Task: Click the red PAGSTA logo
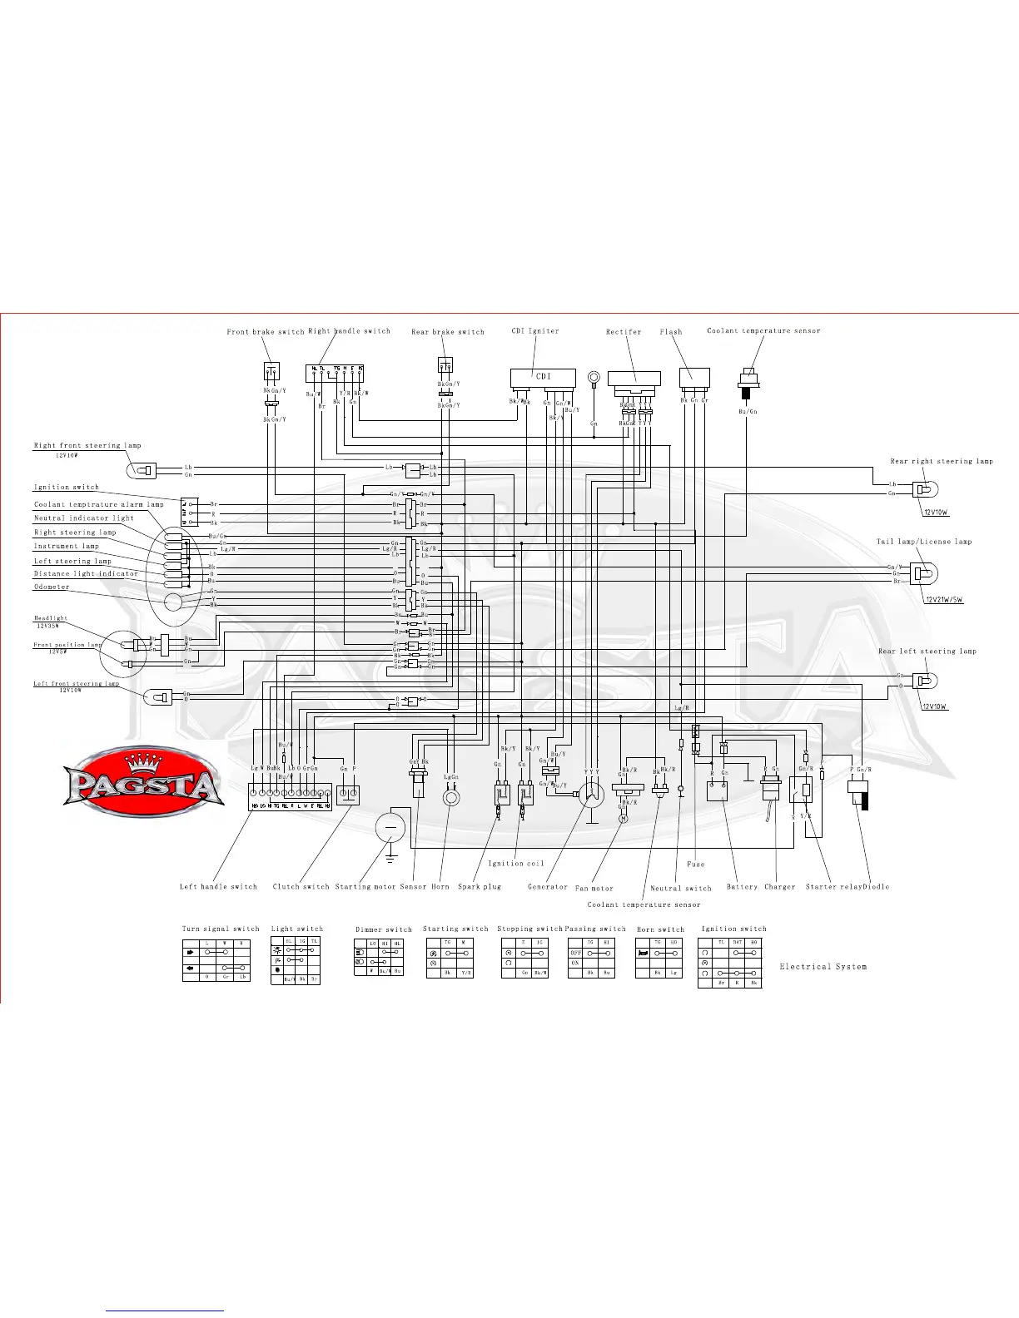click(143, 780)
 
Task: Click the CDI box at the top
click(543, 377)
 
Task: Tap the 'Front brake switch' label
click(266, 332)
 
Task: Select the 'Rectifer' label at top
click(624, 332)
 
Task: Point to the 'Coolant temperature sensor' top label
click(763, 331)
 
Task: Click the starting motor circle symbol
click(390, 827)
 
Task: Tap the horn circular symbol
click(450, 798)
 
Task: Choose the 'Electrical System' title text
click(823, 967)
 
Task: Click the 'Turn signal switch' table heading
click(221, 929)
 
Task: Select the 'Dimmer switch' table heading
click(384, 929)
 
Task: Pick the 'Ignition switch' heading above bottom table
click(733, 929)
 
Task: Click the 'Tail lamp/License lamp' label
click(924, 542)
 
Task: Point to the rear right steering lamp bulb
click(924, 488)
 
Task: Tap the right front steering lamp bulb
click(142, 471)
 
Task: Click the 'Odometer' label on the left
click(52, 587)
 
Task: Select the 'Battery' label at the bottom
click(742, 887)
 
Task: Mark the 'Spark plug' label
click(480, 887)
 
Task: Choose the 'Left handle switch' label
click(218, 887)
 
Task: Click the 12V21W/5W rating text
click(943, 600)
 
